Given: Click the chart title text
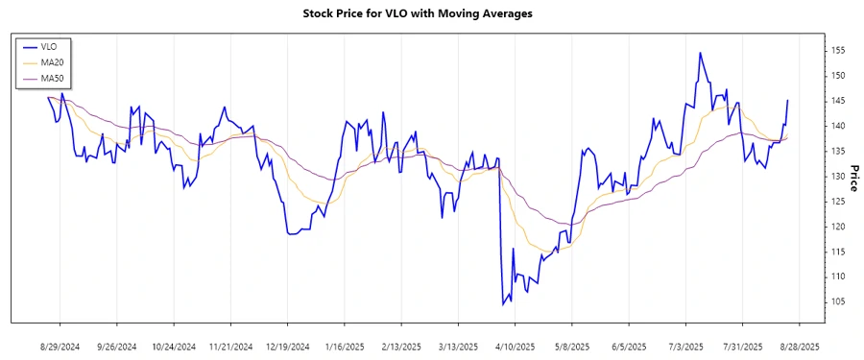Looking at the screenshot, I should click(x=431, y=14).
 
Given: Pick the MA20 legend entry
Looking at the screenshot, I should click(x=54, y=62).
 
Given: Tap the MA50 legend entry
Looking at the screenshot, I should click(x=54, y=79).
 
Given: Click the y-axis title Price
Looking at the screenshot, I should click(x=852, y=176).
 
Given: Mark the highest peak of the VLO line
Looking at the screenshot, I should click(x=700, y=53).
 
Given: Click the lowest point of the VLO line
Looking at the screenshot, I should click(x=503, y=304).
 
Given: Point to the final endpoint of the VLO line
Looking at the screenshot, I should click(x=788, y=100).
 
